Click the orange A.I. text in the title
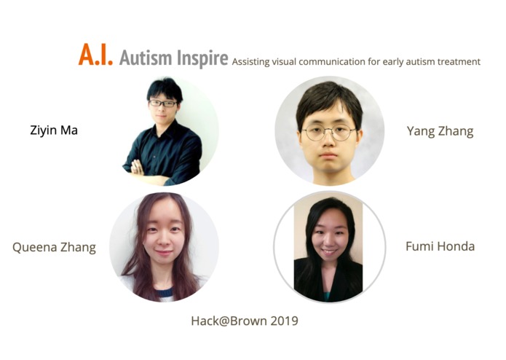tap(95, 56)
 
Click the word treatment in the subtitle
tap(456, 62)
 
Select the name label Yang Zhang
tap(440, 131)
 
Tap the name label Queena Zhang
tap(54, 247)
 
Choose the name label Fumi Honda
tap(440, 246)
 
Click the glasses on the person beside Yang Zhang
tap(329, 133)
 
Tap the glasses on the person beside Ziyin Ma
tap(162, 103)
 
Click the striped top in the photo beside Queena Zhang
tap(163, 293)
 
